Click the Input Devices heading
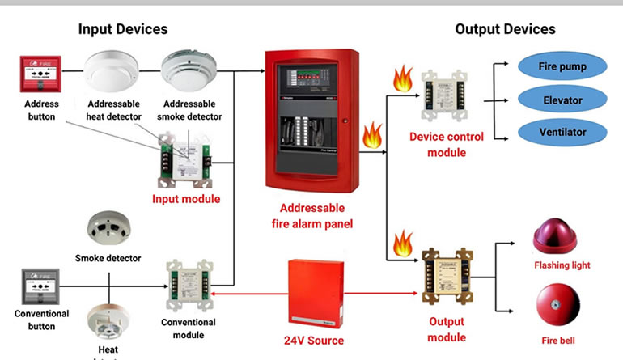click(123, 29)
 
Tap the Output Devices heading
click(505, 29)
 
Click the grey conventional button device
click(40, 286)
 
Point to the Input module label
click(187, 198)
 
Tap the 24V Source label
click(313, 341)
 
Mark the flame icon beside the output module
click(401, 242)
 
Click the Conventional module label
click(189, 328)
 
